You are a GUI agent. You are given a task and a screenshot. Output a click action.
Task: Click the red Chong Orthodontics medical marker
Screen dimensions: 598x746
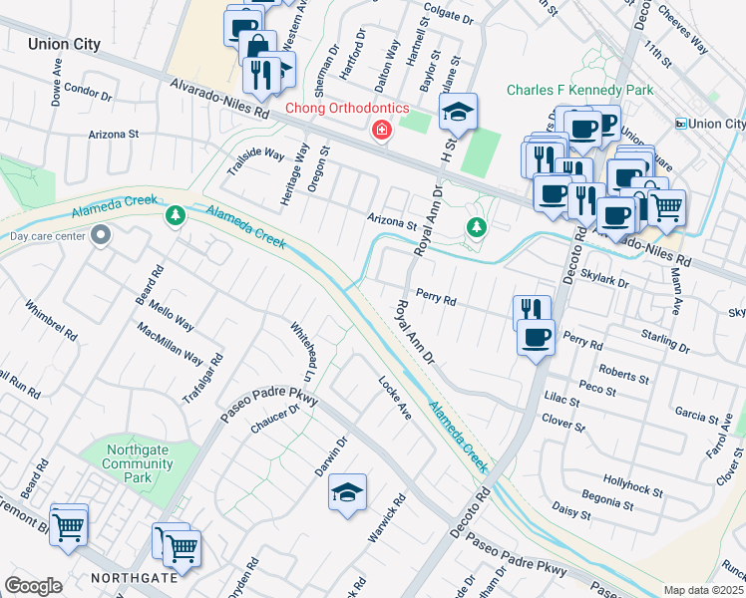point(381,131)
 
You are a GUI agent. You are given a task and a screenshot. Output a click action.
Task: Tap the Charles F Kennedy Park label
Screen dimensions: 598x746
point(579,90)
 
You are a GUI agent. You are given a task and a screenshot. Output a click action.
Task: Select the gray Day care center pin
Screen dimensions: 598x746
point(100,236)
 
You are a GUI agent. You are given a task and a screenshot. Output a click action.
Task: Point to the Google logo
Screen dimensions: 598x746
point(33,585)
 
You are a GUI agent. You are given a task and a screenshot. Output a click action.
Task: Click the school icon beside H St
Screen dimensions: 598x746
point(458,112)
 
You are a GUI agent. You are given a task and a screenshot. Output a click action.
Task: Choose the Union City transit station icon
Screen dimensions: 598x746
point(681,124)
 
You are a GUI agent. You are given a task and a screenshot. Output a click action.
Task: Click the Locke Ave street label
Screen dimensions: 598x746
point(395,396)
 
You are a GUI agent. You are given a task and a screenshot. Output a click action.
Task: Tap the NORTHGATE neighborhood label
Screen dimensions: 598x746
point(134,577)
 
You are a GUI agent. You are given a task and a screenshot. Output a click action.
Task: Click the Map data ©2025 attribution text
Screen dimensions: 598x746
point(703,590)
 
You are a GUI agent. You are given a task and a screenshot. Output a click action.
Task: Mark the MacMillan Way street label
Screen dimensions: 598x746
point(170,345)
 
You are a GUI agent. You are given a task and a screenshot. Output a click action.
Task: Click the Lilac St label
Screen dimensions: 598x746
point(561,399)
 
